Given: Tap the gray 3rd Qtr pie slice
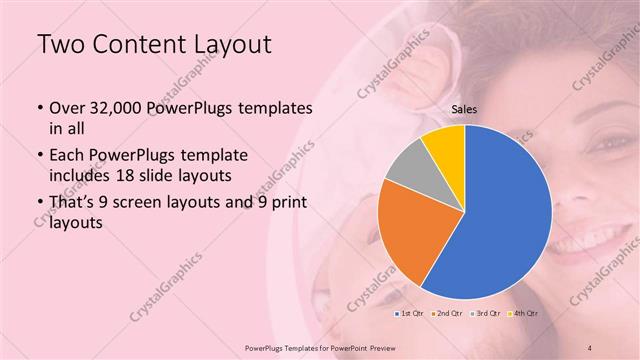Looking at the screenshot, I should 408,167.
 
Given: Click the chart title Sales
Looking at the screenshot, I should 465,112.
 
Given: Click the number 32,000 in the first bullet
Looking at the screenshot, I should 112,107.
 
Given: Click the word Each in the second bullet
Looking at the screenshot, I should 67,157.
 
